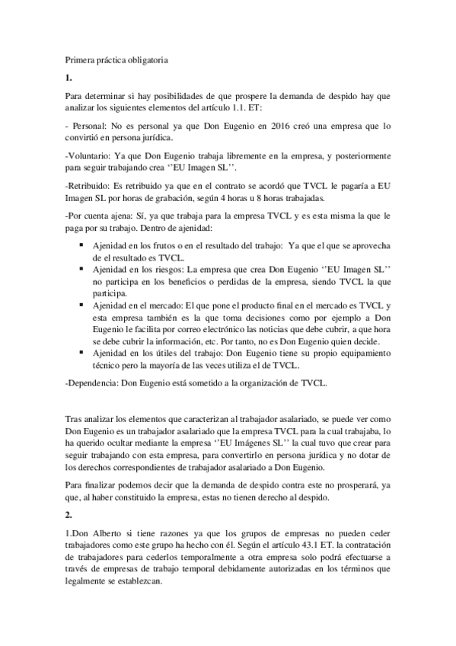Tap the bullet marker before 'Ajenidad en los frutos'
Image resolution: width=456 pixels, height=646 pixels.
(x=81, y=248)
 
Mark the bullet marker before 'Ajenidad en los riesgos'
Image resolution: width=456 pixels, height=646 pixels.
(x=81, y=270)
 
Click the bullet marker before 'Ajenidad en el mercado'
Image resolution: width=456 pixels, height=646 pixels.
(x=81, y=304)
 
